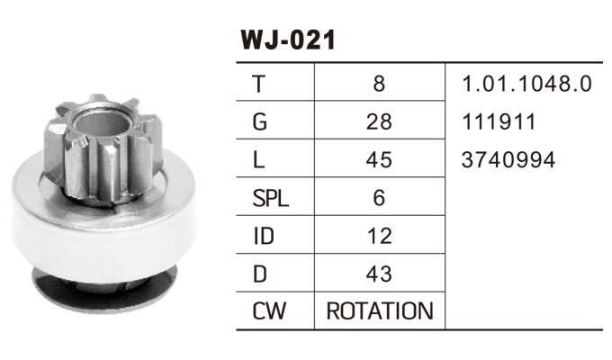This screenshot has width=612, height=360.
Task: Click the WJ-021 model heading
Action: pos(288,40)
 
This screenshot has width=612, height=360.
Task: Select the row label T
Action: pos(259,84)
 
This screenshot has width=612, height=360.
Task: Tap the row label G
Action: pos(259,121)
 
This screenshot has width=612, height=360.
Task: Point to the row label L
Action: pos(258,159)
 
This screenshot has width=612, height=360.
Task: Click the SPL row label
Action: pos(271,198)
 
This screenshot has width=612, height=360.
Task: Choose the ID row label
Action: pos(264,236)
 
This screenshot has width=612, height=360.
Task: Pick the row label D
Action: pos(260,274)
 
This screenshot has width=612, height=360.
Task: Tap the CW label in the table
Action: pos(269,311)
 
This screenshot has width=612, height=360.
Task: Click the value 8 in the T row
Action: pos(379,84)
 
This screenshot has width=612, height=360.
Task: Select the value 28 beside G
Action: pos(379,121)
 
